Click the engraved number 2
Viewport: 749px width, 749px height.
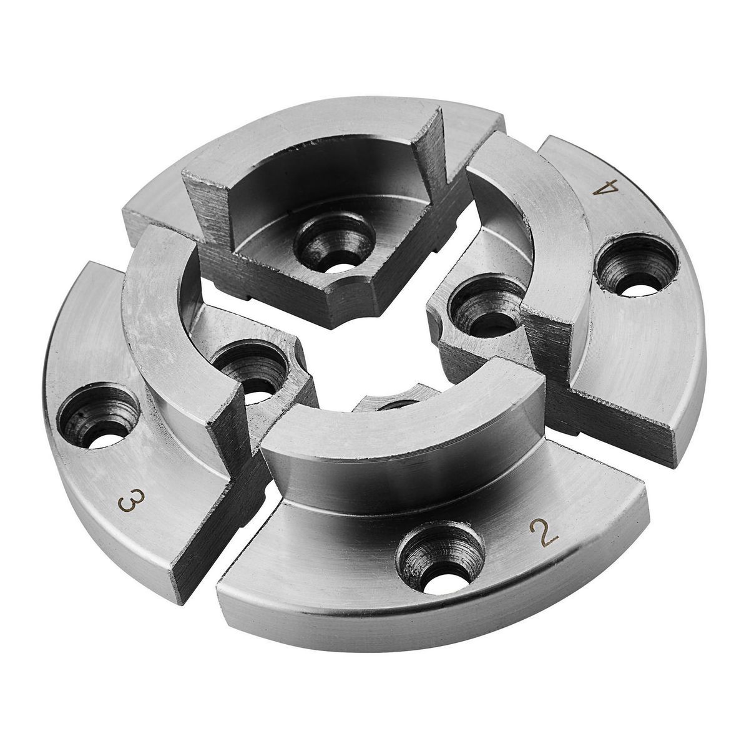pyautogui.click(x=544, y=534)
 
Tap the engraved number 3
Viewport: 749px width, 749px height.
pyautogui.click(x=131, y=500)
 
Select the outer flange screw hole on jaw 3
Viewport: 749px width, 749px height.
pyautogui.click(x=98, y=417)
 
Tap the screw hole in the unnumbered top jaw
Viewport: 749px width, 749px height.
pyautogui.click(x=335, y=243)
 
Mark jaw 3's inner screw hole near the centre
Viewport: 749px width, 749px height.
pyautogui.click(x=252, y=367)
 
